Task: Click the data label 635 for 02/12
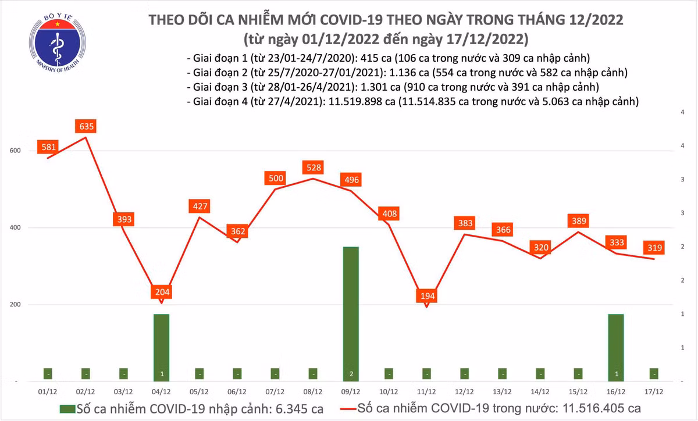[86, 126]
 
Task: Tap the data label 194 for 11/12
[427, 296]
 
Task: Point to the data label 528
[312, 168]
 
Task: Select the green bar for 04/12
[161, 347]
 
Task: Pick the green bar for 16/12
[616, 347]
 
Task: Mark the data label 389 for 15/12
[578, 221]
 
